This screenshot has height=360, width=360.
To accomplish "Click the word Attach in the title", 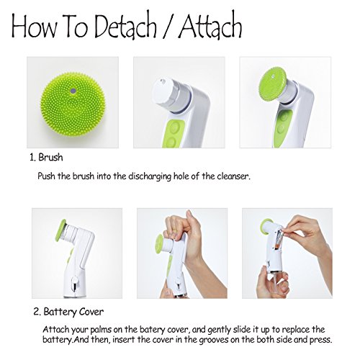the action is pyautogui.click(x=210, y=26).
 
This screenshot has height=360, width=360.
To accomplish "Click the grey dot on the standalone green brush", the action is pyautogui.click(x=73, y=91).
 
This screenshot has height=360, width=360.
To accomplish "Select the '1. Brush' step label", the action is pyautogui.click(x=46, y=158).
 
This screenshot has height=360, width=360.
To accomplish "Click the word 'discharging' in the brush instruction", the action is pyautogui.click(x=150, y=176).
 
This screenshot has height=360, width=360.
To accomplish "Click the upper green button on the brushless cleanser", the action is pyautogui.click(x=177, y=127).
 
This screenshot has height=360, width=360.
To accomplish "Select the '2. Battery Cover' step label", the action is pyautogui.click(x=68, y=312).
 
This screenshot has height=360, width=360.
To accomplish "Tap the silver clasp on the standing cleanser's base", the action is pyautogui.click(x=75, y=283).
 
